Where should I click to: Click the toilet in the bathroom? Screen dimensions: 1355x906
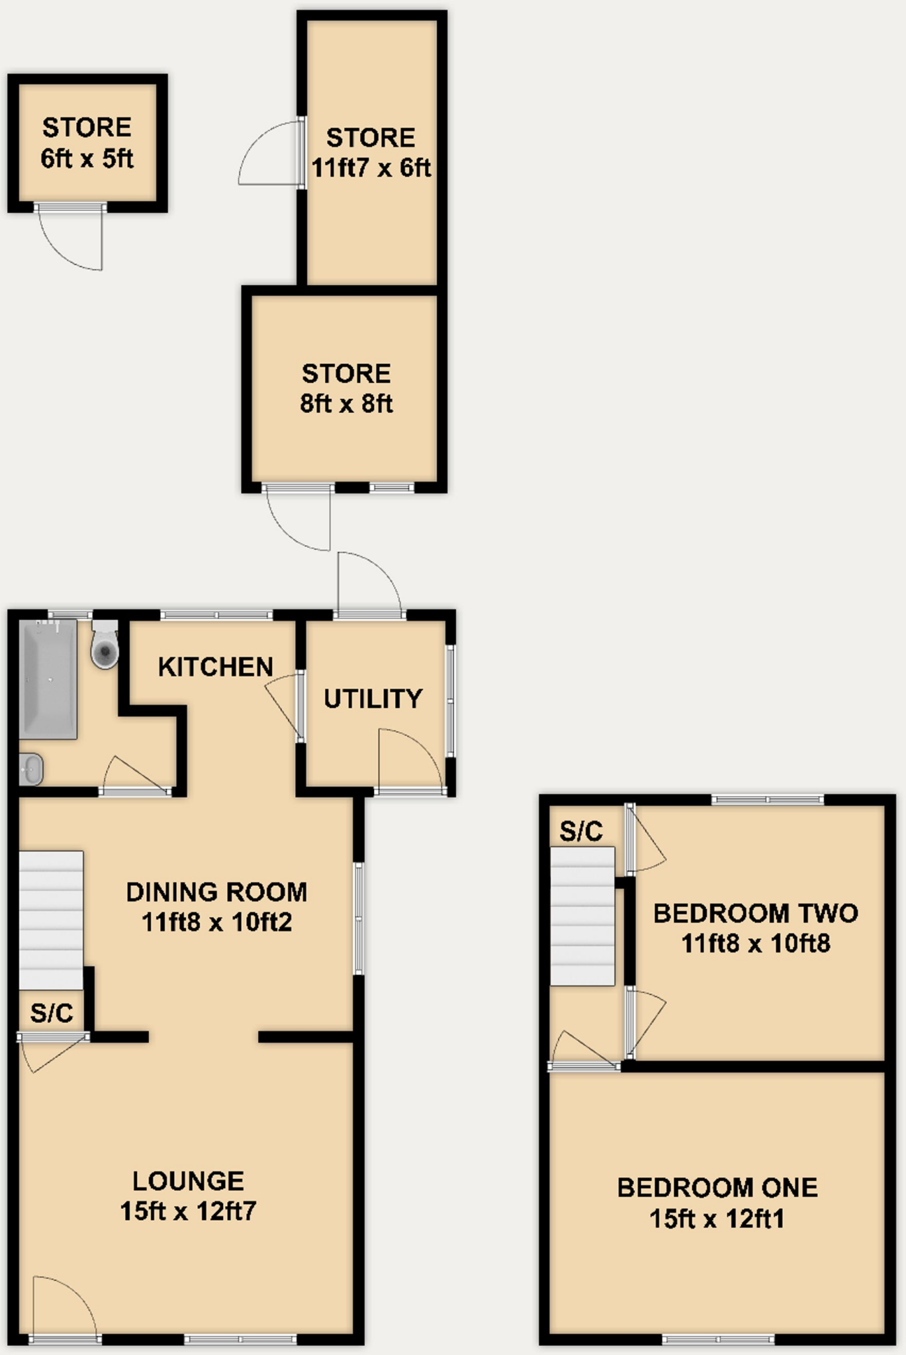(x=105, y=646)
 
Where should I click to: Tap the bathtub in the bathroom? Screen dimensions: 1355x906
(x=48, y=679)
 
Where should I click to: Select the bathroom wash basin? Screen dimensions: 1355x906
(x=30, y=769)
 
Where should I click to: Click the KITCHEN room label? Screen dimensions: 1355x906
(x=216, y=667)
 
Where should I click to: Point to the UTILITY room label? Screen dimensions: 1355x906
(x=373, y=699)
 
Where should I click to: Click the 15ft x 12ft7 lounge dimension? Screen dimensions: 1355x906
(x=188, y=1211)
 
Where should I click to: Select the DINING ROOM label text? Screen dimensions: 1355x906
(x=216, y=892)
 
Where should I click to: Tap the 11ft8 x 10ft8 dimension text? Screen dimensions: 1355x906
(x=755, y=943)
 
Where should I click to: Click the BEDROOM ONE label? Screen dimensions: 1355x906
(x=717, y=1188)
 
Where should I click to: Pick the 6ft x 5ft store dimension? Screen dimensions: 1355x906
(x=87, y=159)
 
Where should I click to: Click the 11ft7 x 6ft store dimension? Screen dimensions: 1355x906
(x=371, y=168)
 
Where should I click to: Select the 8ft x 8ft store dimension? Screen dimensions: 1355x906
(x=346, y=404)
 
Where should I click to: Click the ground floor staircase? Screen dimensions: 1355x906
(x=51, y=920)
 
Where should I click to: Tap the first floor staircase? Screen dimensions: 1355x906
(x=582, y=916)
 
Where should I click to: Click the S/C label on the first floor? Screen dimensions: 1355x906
(x=581, y=831)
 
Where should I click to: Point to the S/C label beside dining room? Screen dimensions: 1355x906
(x=51, y=1013)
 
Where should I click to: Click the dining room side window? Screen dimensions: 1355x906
(x=358, y=918)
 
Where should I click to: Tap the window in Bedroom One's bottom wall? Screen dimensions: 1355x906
(x=718, y=1340)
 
